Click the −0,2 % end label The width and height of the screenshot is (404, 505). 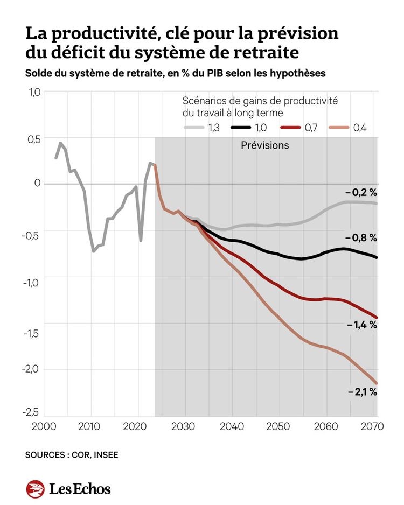click(x=361, y=192)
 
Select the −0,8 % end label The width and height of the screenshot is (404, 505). click(x=361, y=237)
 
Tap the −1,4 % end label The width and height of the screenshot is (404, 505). click(x=361, y=325)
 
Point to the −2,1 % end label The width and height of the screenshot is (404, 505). click(x=361, y=392)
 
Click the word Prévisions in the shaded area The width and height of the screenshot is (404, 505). click(x=264, y=145)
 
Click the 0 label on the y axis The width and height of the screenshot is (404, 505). click(x=38, y=183)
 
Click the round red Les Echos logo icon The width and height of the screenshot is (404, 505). click(x=35, y=489)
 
